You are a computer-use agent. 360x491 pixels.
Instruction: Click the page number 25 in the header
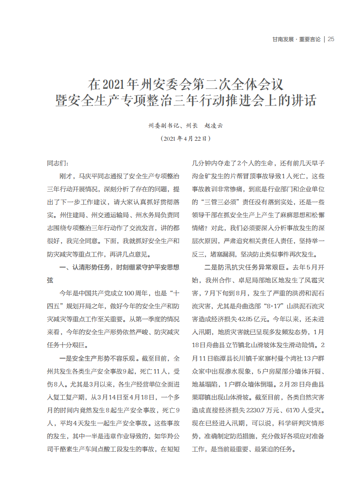(331, 39)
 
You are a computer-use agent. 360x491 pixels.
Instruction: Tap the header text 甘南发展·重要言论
(296, 39)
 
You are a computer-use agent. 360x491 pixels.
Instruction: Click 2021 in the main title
(115, 84)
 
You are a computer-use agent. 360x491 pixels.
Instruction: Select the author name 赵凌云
(213, 126)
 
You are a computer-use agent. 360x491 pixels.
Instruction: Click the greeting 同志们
(58, 164)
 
